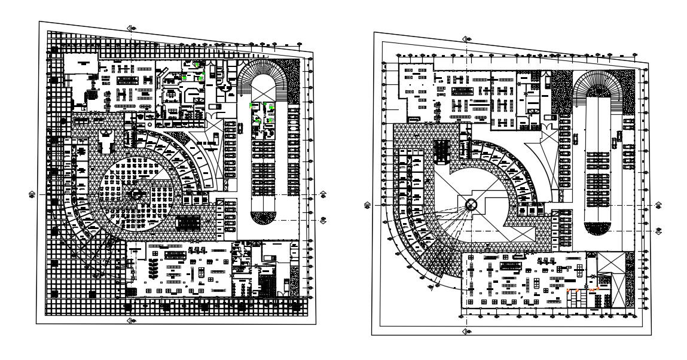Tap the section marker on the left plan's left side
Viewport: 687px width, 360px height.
[32, 194]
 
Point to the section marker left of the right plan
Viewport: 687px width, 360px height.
[368, 205]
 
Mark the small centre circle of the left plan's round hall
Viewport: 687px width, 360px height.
[136, 193]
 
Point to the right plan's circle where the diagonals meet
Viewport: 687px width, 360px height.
[471, 205]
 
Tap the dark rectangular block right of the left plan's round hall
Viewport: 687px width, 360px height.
[189, 222]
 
